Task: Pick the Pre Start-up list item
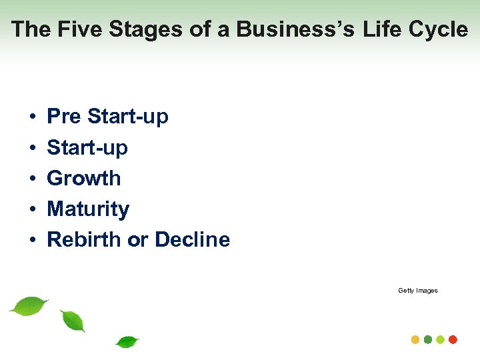(x=107, y=117)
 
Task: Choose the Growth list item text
(x=84, y=178)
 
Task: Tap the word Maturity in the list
(x=88, y=209)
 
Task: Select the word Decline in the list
(x=192, y=239)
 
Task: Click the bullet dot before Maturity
(x=32, y=210)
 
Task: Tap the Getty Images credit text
(x=418, y=291)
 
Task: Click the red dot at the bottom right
(x=453, y=339)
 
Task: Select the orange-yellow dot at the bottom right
(x=415, y=339)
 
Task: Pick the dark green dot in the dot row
(x=428, y=339)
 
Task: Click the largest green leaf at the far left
(x=29, y=305)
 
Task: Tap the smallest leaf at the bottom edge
(x=127, y=342)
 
